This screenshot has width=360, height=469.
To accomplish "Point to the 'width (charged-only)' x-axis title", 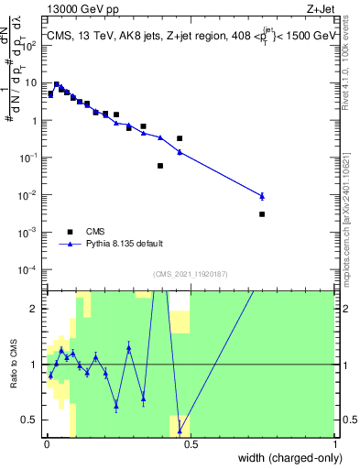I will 287,457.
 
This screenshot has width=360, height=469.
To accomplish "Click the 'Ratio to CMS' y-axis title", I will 12,365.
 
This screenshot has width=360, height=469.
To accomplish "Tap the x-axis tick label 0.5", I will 190,444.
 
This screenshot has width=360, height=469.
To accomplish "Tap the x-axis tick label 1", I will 333,444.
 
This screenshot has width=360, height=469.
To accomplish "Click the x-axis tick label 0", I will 46,444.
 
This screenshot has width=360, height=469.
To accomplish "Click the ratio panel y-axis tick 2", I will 38,309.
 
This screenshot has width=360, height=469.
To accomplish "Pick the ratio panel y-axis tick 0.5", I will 33,420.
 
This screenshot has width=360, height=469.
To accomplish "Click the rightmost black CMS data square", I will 262,214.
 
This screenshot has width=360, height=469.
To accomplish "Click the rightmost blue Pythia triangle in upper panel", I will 262,196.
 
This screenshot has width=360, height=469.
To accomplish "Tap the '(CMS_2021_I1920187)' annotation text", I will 190,273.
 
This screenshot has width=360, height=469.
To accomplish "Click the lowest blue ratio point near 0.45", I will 180,431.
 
